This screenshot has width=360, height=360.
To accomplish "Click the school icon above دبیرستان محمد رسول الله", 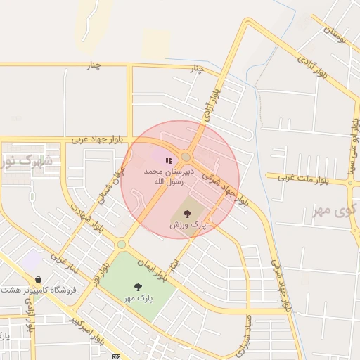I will coord(167,161).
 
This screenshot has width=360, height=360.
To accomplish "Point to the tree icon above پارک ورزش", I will coord(186,213).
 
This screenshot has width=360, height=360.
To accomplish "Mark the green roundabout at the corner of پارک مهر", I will coord(122,244).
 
